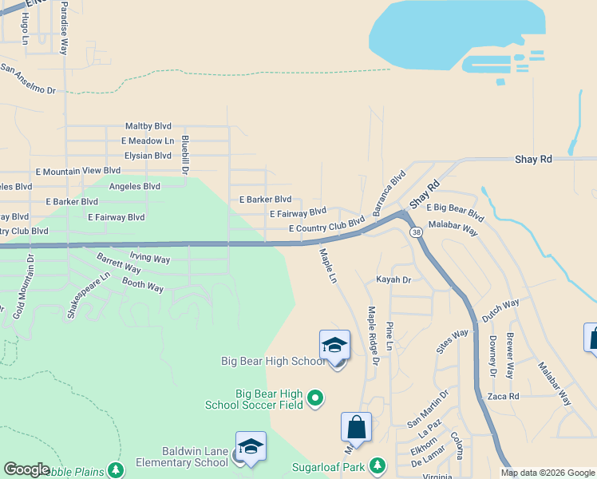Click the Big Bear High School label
click(x=272, y=362)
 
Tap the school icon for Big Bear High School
click(x=334, y=345)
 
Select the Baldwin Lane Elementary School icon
click(x=251, y=446)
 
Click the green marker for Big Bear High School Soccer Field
click(x=315, y=397)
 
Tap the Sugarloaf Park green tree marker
click(x=378, y=465)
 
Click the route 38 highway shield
click(x=416, y=232)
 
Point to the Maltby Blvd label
click(x=148, y=126)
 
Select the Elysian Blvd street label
click(x=146, y=156)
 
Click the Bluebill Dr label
click(x=184, y=155)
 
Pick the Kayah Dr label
click(x=393, y=280)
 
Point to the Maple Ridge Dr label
click(x=372, y=333)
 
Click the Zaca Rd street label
click(x=503, y=396)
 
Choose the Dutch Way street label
click(x=500, y=308)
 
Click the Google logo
click(x=26, y=469)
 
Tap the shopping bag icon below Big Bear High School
click(x=357, y=428)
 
